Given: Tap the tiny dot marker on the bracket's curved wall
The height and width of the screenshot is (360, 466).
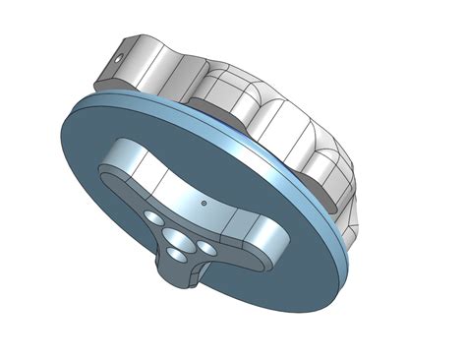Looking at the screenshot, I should pos(204,204).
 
